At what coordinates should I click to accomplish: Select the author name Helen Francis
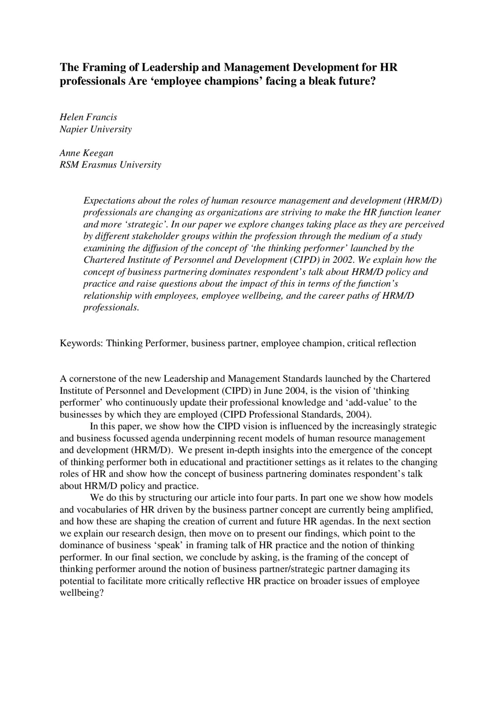click(x=88, y=117)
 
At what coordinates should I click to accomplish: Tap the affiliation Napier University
click(x=96, y=129)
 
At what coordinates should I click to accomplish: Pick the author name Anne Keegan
click(x=86, y=153)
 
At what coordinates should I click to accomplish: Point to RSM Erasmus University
click(x=110, y=165)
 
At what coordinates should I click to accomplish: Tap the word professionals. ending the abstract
click(x=111, y=308)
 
